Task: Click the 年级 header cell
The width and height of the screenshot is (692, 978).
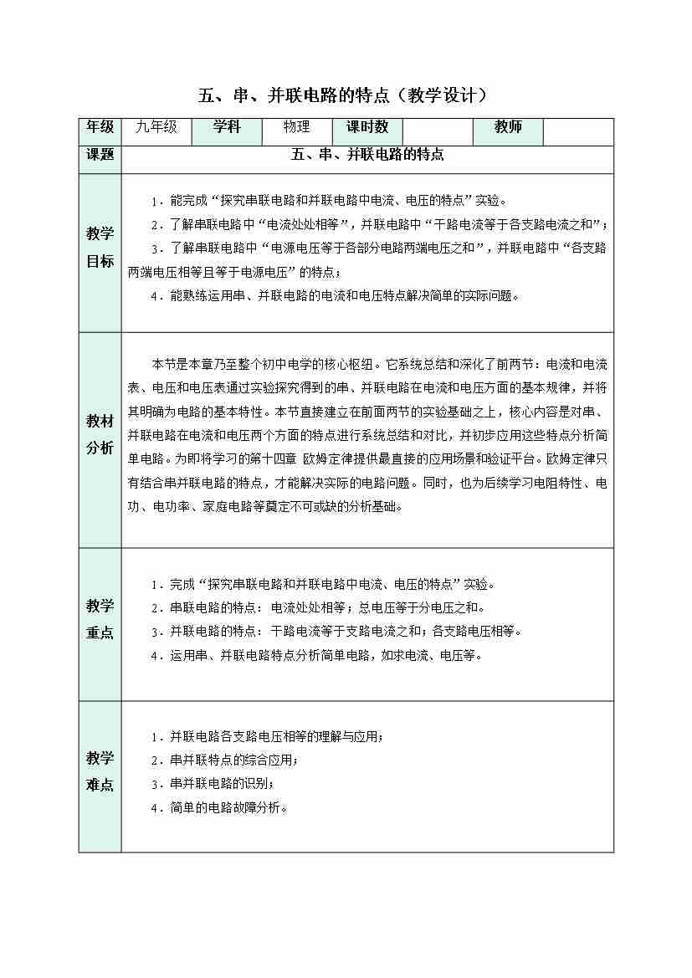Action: (x=100, y=127)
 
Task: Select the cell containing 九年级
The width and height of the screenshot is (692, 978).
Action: (x=156, y=127)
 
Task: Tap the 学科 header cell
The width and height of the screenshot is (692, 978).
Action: (x=226, y=127)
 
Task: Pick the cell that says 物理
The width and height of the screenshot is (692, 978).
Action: (x=296, y=127)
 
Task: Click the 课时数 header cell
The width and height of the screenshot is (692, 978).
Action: (x=367, y=127)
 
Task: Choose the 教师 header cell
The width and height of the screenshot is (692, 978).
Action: (x=508, y=127)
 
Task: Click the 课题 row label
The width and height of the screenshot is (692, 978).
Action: (x=100, y=155)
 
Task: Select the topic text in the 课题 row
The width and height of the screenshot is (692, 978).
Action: (x=367, y=155)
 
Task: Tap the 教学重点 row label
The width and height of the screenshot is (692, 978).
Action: (x=100, y=619)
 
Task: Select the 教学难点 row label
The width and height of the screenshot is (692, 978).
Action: (x=100, y=771)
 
